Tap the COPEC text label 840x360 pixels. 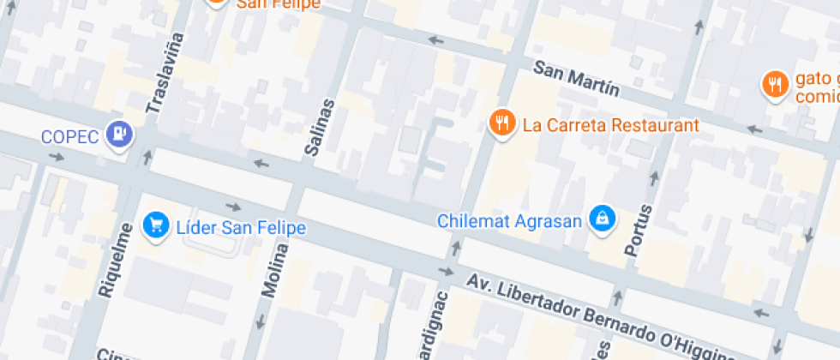70,136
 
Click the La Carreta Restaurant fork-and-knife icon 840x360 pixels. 501,123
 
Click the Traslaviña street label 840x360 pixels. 165,73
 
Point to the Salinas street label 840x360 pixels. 318,127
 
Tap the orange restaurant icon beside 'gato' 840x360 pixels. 775,85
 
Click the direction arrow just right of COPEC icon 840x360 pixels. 147,157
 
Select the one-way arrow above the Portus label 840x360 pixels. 655,178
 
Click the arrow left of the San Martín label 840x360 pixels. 437,40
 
